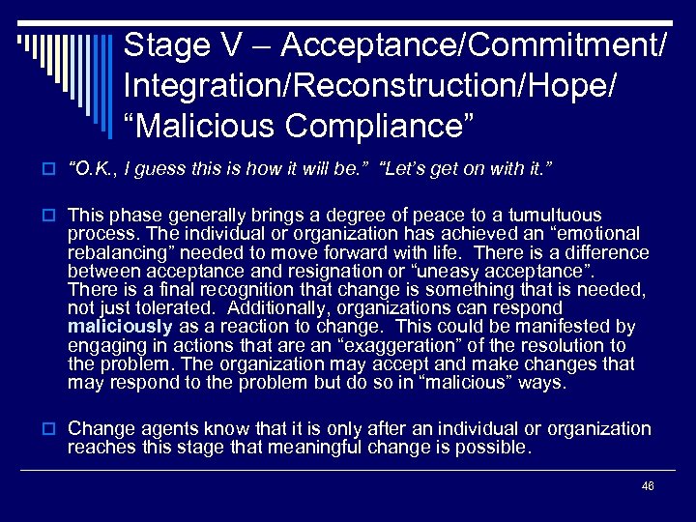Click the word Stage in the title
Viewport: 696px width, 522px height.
click(x=159, y=45)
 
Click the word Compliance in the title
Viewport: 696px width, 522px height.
click(x=368, y=127)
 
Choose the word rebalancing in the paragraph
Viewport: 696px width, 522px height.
click(x=113, y=252)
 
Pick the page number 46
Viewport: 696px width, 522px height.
click(x=648, y=485)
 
